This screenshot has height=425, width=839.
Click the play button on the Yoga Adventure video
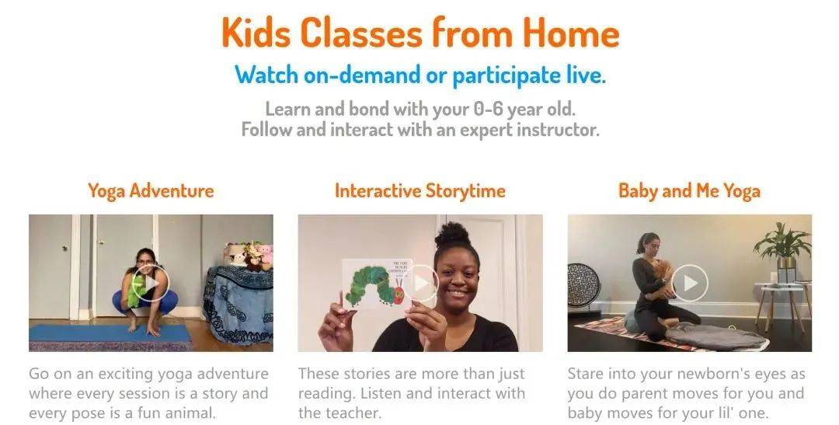click(151, 282)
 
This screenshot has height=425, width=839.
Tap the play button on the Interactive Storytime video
click(420, 283)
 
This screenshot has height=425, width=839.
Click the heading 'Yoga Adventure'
click(151, 191)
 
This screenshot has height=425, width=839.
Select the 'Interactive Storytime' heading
click(420, 191)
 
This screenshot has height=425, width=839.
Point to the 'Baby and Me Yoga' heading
click(689, 191)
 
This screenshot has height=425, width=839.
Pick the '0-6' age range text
click(489, 110)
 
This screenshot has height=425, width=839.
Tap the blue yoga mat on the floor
click(110, 333)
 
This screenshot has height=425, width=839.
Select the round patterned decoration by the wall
click(583, 284)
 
